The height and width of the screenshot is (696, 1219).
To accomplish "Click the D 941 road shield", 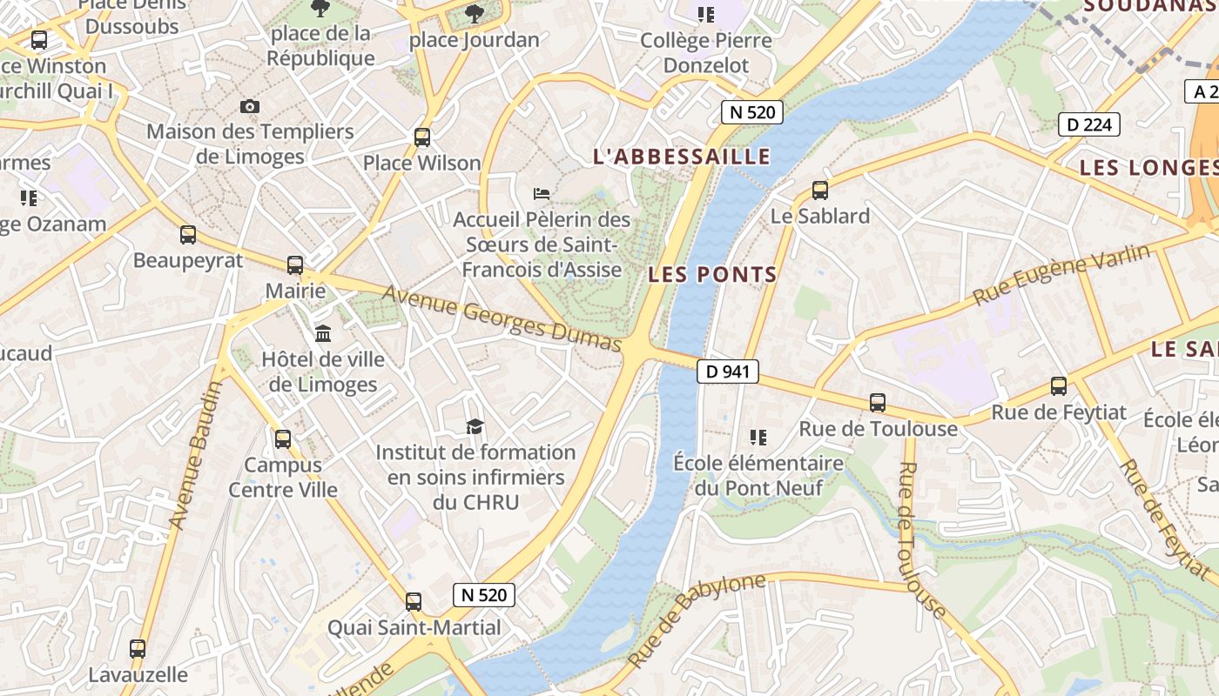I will (x=728, y=371).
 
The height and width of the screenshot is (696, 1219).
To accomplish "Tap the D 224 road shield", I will (x=1088, y=124).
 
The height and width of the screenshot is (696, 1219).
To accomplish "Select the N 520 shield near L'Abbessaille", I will (x=752, y=111).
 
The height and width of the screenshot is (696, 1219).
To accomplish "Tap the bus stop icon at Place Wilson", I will (x=422, y=137).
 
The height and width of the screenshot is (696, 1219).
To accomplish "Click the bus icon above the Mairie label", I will (x=295, y=265).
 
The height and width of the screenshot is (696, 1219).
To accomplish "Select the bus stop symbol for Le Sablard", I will (x=819, y=190).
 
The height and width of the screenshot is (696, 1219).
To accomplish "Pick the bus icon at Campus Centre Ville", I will (x=283, y=439).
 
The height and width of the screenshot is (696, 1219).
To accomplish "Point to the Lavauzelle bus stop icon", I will (x=138, y=648).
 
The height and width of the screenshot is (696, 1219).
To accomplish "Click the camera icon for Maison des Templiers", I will (x=250, y=106).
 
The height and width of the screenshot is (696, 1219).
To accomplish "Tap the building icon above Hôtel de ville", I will (x=323, y=333).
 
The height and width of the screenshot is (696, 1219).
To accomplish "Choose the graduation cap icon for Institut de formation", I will (x=475, y=426).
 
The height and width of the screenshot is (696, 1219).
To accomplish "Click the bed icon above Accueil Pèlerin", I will (x=542, y=193).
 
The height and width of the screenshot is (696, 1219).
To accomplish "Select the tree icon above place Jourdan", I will (x=475, y=13).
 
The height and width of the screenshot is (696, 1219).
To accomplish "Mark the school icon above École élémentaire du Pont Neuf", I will (x=758, y=437).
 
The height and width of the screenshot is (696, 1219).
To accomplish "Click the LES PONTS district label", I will (x=712, y=275).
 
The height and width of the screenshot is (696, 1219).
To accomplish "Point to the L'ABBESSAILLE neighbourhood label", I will (x=682, y=157).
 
